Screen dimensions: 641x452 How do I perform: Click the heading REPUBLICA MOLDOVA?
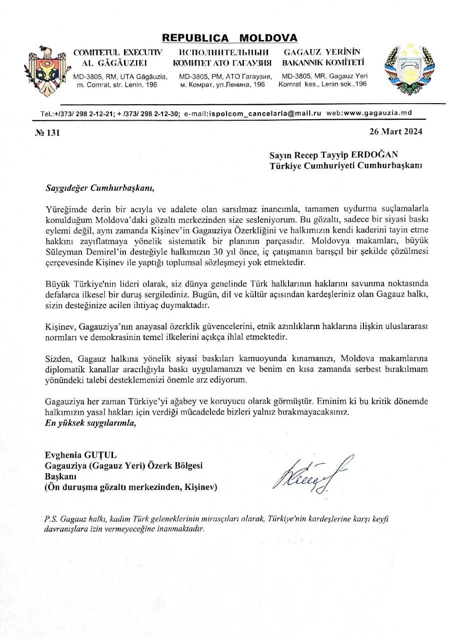(229, 38)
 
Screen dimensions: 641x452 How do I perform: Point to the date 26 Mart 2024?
(395, 132)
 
